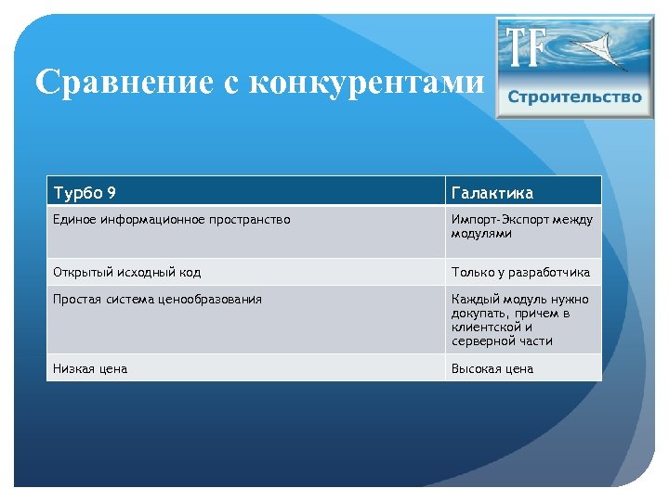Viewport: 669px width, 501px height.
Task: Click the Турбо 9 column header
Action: tap(85, 193)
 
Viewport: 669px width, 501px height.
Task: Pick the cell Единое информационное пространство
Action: tap(172, 220)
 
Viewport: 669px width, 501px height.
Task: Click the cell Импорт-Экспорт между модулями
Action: tap(521, 226)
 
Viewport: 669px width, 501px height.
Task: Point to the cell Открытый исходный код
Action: tap(127, 272)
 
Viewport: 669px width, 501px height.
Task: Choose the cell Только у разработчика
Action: tap(520, 272)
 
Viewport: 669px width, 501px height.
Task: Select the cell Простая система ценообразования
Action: tap(158, 299)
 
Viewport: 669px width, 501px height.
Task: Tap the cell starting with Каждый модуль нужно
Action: tap(520, 319)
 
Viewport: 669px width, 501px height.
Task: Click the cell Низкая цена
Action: tap(91, 368)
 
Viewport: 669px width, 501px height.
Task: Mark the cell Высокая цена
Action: tap(492, 368)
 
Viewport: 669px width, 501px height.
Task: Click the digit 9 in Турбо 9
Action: tap(111, 193)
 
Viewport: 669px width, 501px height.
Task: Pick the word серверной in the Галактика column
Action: tap(480, 340)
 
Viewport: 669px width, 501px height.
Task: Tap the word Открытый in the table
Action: tap(81, 272)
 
